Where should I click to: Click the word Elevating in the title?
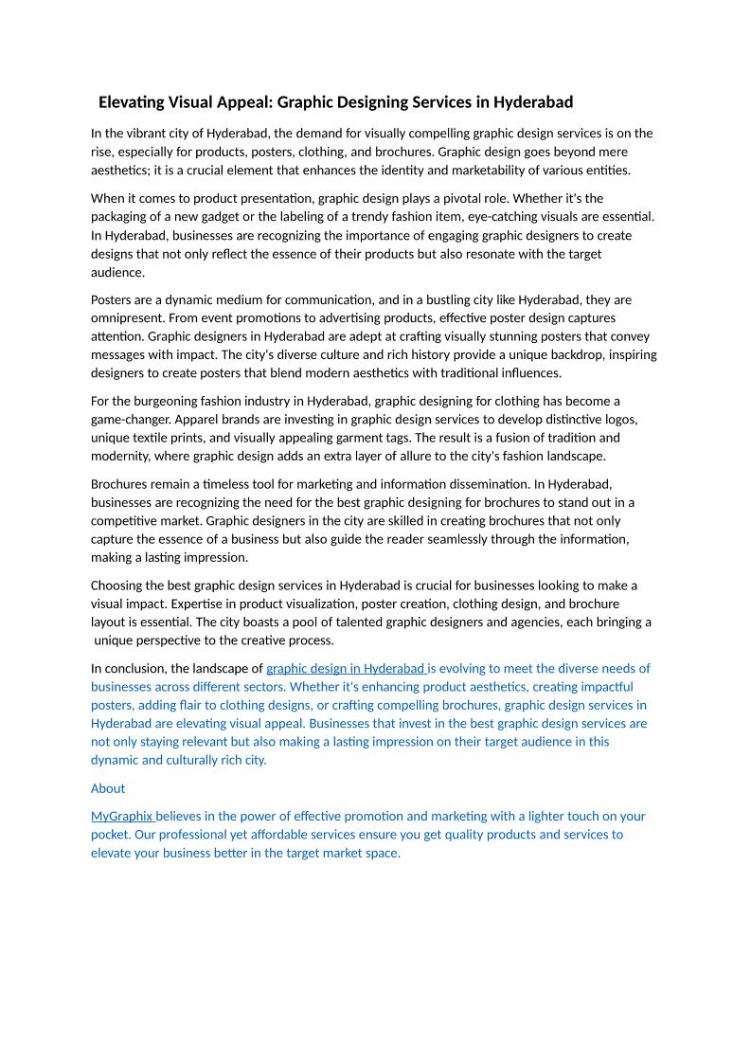(x=132, y=102)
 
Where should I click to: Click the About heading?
(x=108, y=788)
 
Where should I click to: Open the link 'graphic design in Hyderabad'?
(x=347, y=668)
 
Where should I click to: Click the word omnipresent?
(x=129, y=318)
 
